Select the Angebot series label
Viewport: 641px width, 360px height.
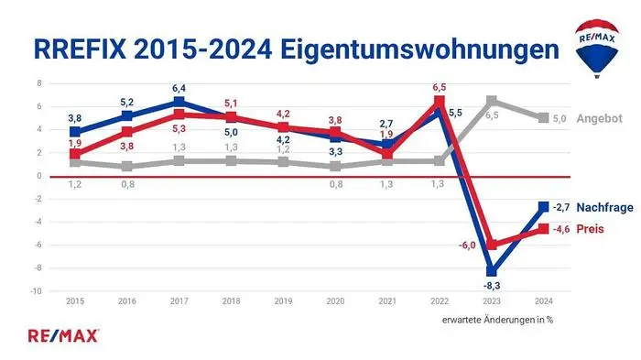(x=600, y=119)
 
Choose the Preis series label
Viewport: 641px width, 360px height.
(x=592, y=229)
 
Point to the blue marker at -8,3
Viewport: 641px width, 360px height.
(x=492, y=271)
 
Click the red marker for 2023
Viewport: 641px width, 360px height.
(x=492, y=245)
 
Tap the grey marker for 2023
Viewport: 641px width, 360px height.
(x=492, y=101)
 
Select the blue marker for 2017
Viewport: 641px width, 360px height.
(x=179, y=102)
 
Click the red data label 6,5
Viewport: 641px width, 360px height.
(x=440, y=87)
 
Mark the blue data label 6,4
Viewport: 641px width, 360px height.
(x=179, y=88)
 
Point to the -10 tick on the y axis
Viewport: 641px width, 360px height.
(x=37, y=291)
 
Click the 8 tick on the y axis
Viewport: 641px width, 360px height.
(x=39, y=82)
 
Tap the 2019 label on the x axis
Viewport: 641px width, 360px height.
(x=283, y=300)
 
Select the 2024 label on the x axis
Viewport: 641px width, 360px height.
(x=544, y=300)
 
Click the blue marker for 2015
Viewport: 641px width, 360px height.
(x=76, y=132)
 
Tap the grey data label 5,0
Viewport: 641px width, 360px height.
(x=560, y=119)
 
